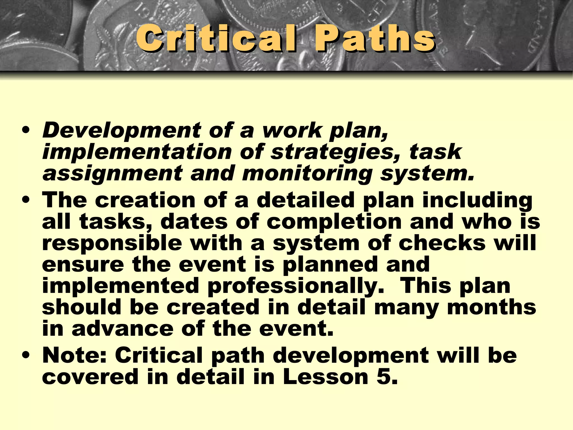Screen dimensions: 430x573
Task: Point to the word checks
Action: tap(442, 243)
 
